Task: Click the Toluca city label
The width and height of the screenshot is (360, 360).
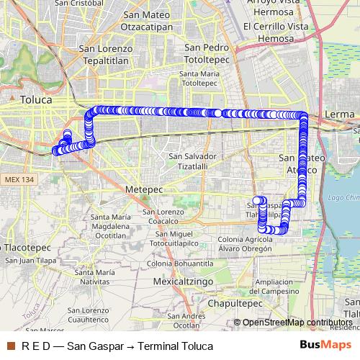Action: tap(36, 100)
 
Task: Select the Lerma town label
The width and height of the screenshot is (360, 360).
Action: tap(340, 114)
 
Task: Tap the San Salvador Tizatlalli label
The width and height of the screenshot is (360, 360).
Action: tap(192, 161)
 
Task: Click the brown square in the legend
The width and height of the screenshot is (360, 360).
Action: tap(10, 346)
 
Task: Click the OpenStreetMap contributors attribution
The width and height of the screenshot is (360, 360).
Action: tap(297, 322)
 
